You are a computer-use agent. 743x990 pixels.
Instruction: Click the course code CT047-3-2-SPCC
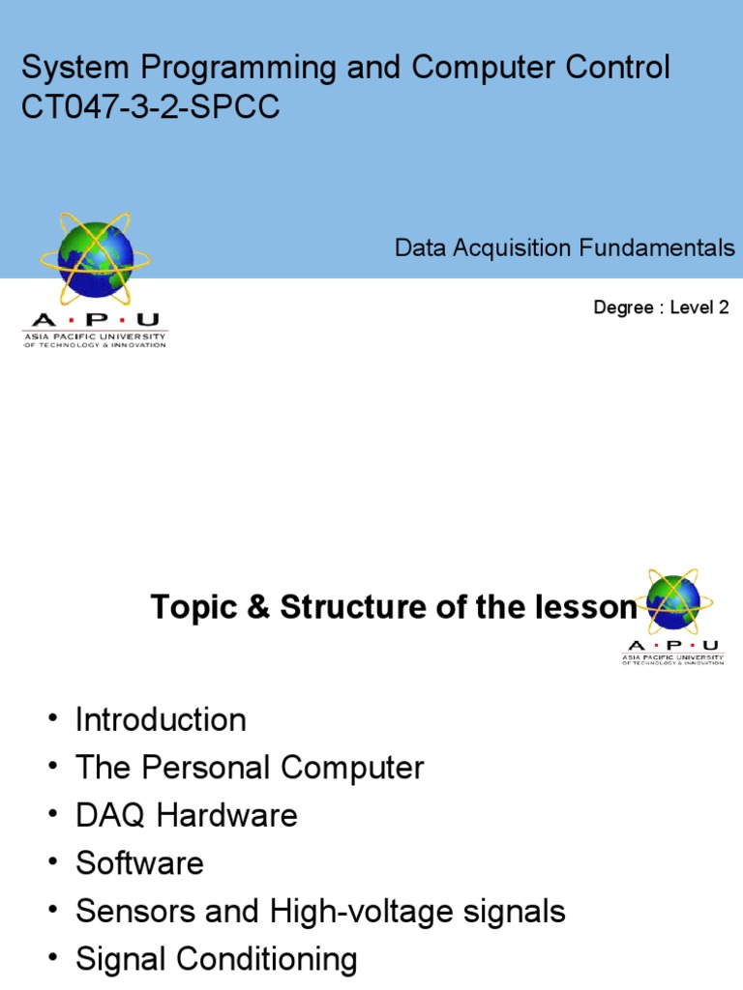[151, 107]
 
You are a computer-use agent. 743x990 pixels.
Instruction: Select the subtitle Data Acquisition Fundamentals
[564, 248]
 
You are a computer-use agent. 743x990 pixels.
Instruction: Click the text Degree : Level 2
[660, 308]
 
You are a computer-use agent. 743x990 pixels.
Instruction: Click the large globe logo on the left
[95, 257]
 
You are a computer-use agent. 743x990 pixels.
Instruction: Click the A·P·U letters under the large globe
[95, 320]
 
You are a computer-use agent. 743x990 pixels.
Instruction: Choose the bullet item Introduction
[161, 719]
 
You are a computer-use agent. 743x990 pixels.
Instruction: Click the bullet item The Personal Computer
[250, 768]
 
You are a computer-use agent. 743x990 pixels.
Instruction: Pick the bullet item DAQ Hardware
[186, 815]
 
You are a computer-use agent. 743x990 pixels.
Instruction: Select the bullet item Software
[139, 862]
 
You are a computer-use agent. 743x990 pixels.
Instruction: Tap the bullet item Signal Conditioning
[216, 959]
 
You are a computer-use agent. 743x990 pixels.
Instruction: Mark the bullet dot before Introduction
[50, 721]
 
